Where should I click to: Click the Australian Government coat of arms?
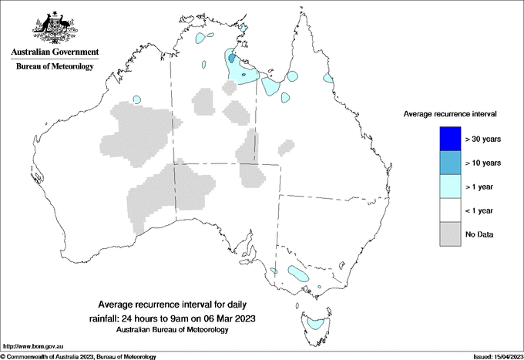pos(55,28)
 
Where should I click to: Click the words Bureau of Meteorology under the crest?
pos(55,66)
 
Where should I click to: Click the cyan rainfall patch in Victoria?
pos(298,273)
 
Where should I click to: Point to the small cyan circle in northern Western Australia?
pos(137,99)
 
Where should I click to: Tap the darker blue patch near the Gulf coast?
pos(233,58)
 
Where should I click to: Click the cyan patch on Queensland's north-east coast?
pos(328,79)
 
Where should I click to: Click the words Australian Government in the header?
pos(55,52)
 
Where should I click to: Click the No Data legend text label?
pos(480,234)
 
